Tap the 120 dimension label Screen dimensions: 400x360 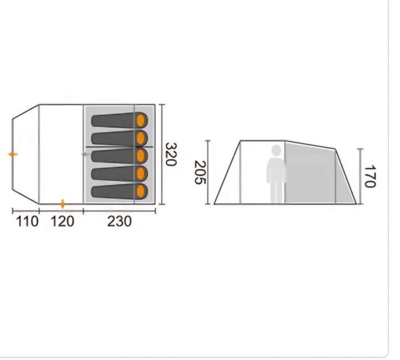click(62, 222)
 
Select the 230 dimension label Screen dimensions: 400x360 click(120, 222)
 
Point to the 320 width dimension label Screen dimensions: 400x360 click(171, 154)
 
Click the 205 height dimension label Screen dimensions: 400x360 click(200, 172)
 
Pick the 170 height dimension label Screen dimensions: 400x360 click(370, 176)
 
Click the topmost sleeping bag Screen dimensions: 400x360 click(120, 120)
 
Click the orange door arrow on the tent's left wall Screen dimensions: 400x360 click(12, 154)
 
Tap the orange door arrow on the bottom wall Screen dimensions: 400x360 click(63, 204)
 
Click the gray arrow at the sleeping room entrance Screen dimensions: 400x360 click(85, 154)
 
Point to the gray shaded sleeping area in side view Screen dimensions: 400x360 click(310, 173)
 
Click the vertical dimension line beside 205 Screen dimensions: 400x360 click(208, 172)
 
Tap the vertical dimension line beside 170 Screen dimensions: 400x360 click(360, 176)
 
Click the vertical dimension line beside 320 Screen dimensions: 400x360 click(162, 154)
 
